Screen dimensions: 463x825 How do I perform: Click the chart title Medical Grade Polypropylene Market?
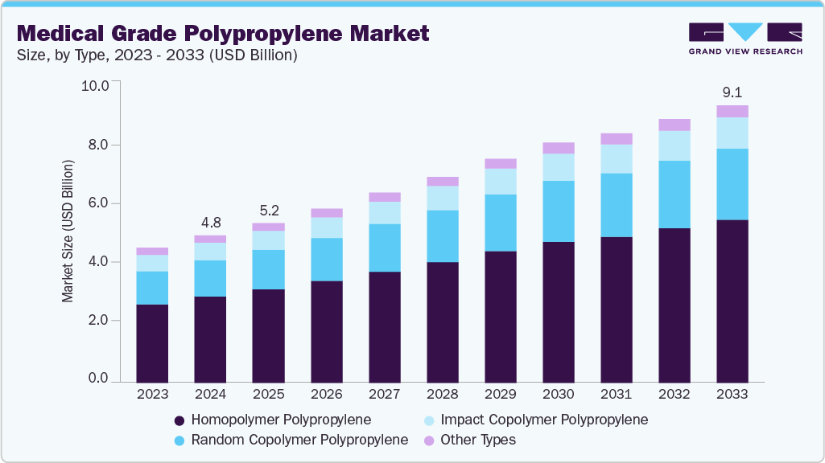pos(223,33)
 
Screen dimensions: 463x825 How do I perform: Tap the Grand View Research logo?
pos(745,39)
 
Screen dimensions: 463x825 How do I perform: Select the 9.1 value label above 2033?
pos(732,92)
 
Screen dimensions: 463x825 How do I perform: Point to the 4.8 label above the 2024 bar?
pos(210,223)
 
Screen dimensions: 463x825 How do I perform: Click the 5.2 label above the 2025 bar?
pos(268,211)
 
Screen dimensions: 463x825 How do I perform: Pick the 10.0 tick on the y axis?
pos(95,85)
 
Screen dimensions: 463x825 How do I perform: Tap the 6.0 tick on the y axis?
pos(98,203)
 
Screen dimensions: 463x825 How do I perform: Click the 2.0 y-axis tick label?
pos(98,321)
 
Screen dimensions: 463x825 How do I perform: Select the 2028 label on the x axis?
pos(443,395)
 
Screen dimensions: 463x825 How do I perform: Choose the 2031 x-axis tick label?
pos(617,395)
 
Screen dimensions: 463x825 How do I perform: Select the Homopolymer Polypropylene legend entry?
pos(273,420)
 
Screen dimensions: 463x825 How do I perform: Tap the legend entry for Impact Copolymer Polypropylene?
pos(534,420)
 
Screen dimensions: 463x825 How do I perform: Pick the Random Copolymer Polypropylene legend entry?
pos(291,440)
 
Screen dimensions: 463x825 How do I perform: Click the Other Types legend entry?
pos(470,440)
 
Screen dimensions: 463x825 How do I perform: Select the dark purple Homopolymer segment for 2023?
pos(152,343)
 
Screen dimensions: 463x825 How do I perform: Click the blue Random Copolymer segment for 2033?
pos(732,184)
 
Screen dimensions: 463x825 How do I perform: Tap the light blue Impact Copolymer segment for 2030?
pos(559,167)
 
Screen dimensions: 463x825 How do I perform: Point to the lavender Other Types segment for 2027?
pos(385,197)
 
